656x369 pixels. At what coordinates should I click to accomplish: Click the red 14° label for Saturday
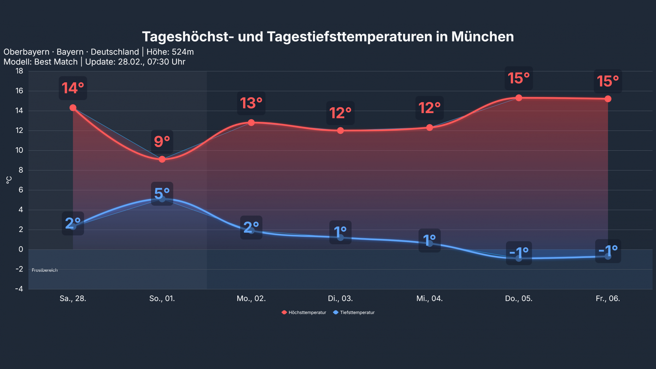[x=73, y=88]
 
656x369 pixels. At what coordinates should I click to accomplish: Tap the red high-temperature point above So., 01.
[x=162, y=159]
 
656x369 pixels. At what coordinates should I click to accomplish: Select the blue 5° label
[x=162, y=194]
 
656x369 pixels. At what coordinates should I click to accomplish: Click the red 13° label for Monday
[x=251, y=103]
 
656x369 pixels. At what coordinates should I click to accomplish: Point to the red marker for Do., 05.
[x=519, y=98]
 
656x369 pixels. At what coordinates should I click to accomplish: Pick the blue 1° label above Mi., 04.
[x=429, y=240]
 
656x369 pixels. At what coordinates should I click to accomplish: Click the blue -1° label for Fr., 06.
[x=608, y=251]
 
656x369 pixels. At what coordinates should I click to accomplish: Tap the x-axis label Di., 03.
[x=340, y=298]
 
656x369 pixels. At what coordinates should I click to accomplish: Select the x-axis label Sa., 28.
[x=73, y=298]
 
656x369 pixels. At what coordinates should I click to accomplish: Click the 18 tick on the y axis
[x=19, y=71]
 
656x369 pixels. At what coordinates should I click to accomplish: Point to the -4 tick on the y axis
[x=19, y=289]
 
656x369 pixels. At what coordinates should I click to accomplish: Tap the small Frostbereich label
[x=45, y=270]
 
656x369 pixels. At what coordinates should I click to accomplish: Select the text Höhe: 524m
[x=170, y=52]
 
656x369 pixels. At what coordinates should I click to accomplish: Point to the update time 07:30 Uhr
[x=166, y=62]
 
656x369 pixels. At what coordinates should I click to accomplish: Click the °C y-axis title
[x=9, y=180]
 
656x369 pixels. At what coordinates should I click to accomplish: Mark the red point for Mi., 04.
[x=429, y=127]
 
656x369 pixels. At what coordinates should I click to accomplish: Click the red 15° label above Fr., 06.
[x=608, y=81]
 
